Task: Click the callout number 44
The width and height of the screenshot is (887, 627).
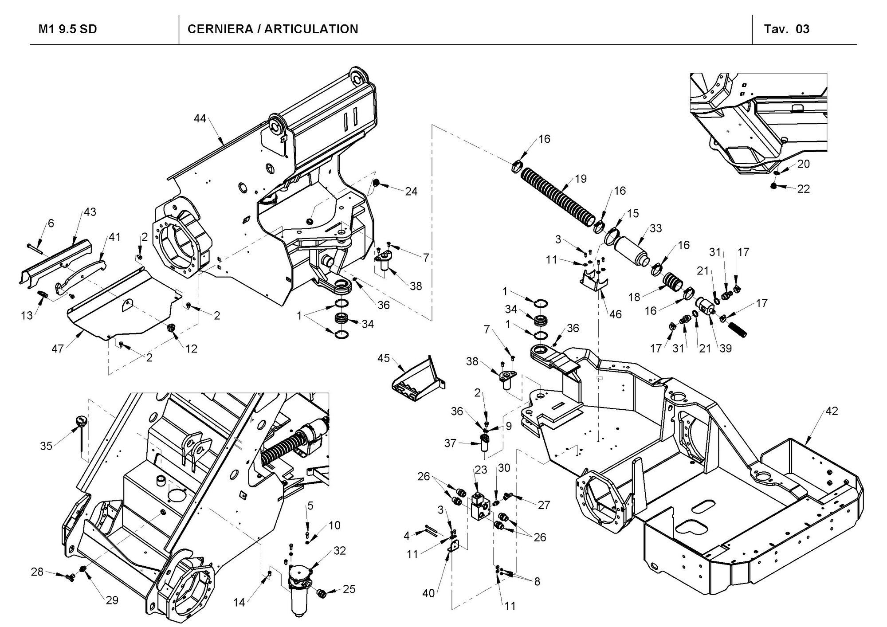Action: (x=200, y=118)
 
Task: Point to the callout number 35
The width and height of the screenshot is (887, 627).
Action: (x=46, y=446)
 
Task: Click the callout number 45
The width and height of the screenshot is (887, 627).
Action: (x=384, y=357)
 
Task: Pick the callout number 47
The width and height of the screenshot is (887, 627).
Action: (x=58, y=349)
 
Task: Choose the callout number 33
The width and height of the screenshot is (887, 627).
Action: (x=655, y=228)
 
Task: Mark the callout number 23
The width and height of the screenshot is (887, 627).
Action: (x=481, y=469)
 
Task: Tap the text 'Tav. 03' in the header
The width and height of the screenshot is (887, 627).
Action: (x=786, y=29)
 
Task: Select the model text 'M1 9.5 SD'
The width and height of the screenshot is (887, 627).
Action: (x=68, y=29)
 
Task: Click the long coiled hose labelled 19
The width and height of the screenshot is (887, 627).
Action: (x=557, y=195)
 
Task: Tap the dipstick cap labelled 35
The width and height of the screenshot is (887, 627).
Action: (x=81, y=420)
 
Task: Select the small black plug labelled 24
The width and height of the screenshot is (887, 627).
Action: (x=377, y=183)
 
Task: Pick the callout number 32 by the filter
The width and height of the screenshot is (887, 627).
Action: (x=339, y=550)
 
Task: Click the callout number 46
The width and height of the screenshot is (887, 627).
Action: (x=615, y=314)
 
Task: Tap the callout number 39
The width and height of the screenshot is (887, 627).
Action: (x=725, y=348)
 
